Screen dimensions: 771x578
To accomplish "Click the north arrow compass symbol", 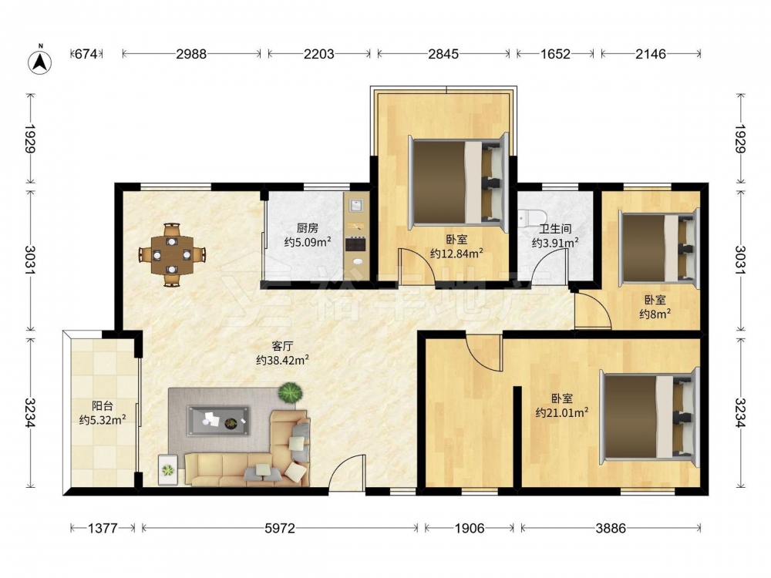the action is pos(40,61).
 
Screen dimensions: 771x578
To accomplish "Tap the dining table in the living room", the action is pos(172,255).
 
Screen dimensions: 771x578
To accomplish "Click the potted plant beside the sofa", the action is pos(290,393).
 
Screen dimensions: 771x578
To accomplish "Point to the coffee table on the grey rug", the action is pos(218,421).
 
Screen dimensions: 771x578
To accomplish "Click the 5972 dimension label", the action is pos(280,529).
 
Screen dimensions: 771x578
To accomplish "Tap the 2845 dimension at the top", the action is pos(443,54).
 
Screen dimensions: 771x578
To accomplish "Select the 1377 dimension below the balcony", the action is pos(103,529).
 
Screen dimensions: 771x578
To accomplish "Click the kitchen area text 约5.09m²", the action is pos(308,242).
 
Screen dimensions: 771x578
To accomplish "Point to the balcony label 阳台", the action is pos(103,406).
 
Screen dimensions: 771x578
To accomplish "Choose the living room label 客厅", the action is pos(282,346).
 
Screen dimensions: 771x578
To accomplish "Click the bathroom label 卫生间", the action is pos(555,229).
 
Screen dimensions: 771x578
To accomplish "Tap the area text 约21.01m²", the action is pos(562,413).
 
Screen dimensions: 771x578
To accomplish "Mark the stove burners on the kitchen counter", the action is pos(355,244).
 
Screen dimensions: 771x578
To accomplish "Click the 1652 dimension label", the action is pos(555,54).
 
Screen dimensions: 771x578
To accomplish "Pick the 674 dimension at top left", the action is pos(86,54).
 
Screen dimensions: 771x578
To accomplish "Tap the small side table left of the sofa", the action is pos(168,470).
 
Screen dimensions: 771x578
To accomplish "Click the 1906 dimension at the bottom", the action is pos(469,529).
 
